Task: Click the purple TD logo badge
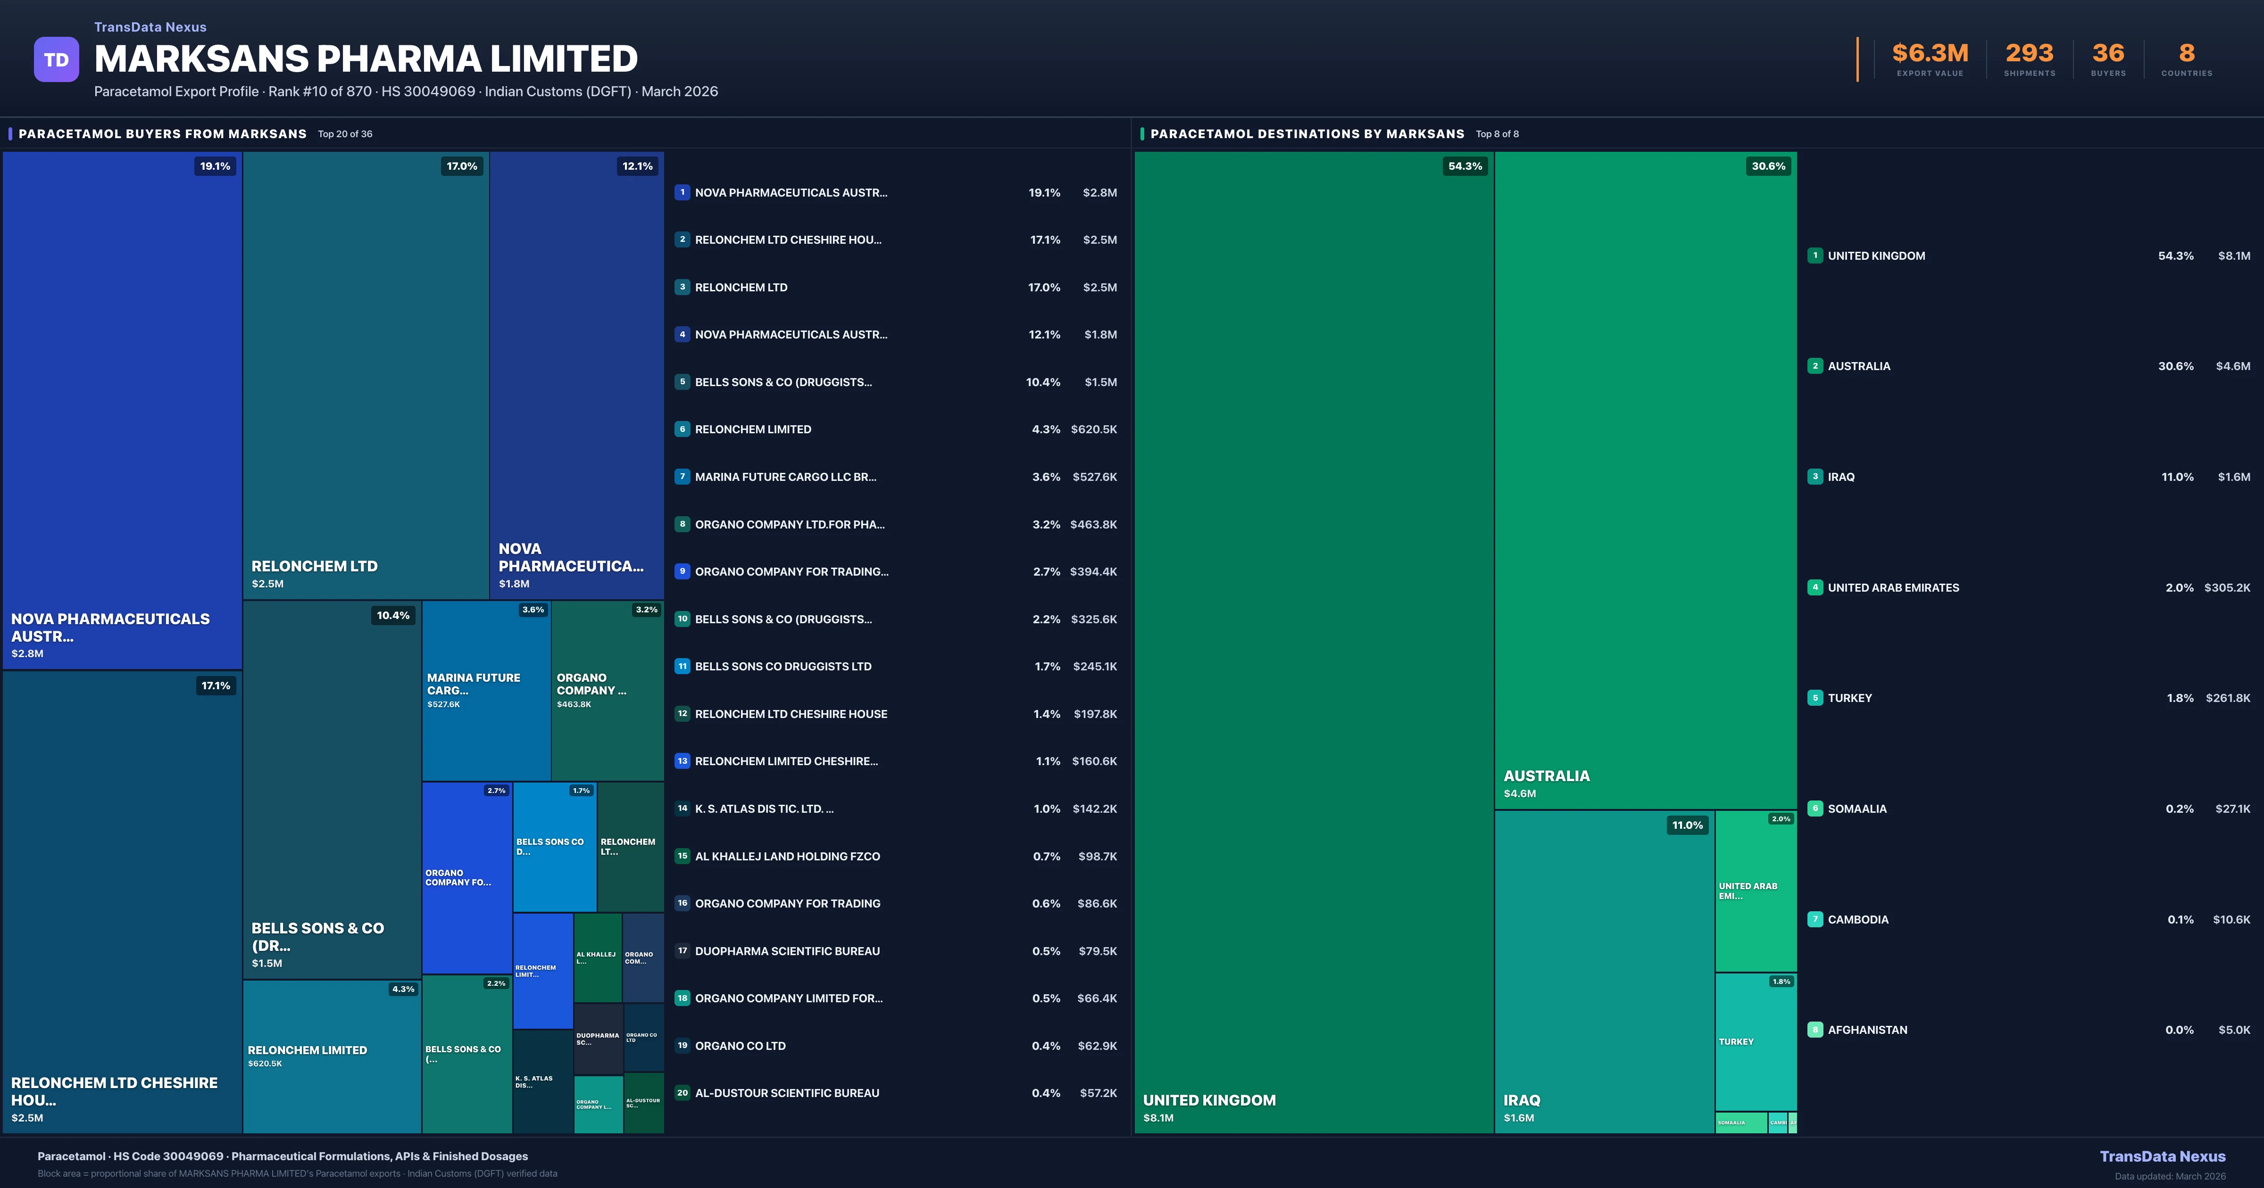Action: coord(56,60)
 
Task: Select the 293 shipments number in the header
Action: coord(2029,54)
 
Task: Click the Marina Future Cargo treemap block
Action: coord(485,691)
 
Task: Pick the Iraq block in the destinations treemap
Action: coord(1604,971)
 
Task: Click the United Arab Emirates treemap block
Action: coord(1755,891)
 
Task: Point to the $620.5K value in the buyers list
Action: coord(1093,429)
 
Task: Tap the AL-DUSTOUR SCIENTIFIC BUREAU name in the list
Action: coord(787,1093)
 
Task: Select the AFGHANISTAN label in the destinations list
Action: coord(1867,1030)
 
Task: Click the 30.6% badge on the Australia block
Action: coord(1767,166)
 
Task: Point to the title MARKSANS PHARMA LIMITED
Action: coord(366,59)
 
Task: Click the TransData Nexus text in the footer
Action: coord(2162,1156)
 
